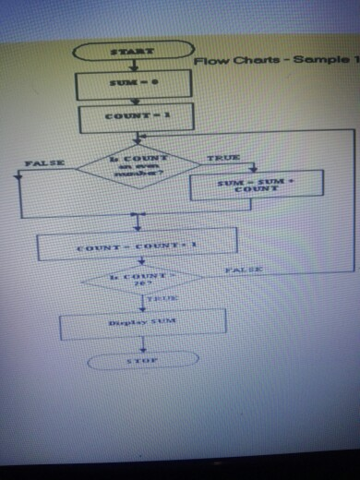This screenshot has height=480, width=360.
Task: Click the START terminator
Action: pos(133,51)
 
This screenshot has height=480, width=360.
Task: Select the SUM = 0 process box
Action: pos(133,85)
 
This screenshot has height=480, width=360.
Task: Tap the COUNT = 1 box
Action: pos(137,118)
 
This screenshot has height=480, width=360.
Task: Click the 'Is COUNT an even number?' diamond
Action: pos(138,165)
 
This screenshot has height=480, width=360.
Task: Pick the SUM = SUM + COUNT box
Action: pos(256,185)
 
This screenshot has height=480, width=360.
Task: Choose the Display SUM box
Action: pos(142,322)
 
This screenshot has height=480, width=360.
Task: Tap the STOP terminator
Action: pos(142,361)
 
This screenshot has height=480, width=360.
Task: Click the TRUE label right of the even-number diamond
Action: pos(224,158)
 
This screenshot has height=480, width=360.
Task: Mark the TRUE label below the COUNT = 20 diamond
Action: pos(161,300)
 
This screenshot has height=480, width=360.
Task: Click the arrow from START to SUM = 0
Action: pos(133,66)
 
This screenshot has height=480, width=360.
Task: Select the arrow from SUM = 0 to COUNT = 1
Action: pos(135,102)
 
